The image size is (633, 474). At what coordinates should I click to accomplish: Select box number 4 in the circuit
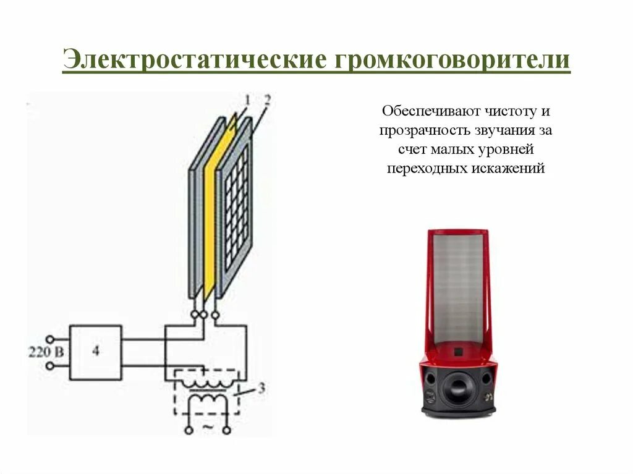tap(95, 351)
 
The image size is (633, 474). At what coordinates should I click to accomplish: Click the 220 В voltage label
tap(45, 352)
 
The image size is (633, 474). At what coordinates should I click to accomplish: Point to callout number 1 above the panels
tap(247, 99)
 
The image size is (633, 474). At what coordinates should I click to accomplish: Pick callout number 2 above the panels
tap(266, 99)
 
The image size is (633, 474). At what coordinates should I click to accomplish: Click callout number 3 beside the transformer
tap(261, 389)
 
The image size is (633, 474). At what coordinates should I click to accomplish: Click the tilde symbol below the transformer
tap(208, 427)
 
